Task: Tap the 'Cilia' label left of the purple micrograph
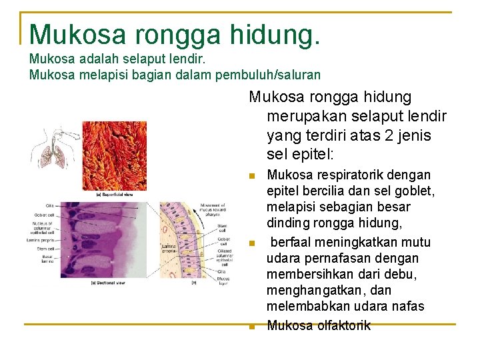[x=50, y=205]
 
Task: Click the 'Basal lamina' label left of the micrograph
[x=47, y=259]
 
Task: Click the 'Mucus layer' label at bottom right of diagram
[x=221, y=279]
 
